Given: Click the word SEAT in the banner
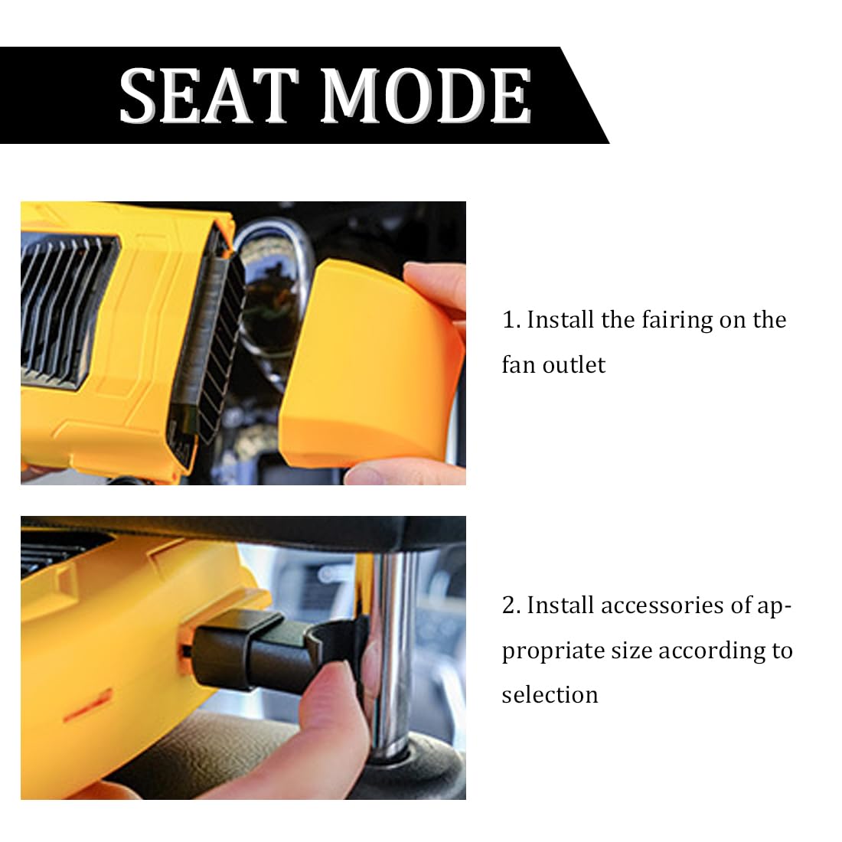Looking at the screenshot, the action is (x=208, y=96).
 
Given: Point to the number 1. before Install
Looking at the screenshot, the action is (x=511, y=320).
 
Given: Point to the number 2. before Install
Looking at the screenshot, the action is (x=511, y=605).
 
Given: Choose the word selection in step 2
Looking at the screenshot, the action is (x=550, y=695).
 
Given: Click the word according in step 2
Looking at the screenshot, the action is (x=712, y=651).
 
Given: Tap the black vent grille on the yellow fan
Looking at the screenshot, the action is (x=67, y=312).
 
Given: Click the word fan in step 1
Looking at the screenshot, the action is (x=519, y=365).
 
